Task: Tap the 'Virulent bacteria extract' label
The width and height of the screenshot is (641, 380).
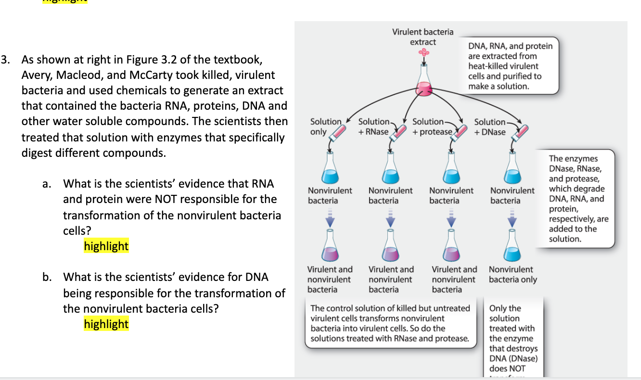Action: tap(423, 37)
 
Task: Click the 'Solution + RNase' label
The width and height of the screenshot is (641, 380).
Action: tap(374, 127)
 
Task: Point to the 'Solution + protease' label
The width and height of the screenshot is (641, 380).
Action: tap(432, 127)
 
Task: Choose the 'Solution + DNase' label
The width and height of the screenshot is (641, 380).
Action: tap(490, 127)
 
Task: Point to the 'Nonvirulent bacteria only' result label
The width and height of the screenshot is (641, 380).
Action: tap(513, 275)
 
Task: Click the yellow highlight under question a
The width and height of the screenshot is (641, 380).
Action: tap(106, 246)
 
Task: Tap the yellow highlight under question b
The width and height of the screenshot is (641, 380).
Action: tap(106, 324)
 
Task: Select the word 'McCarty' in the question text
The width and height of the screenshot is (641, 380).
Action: tap(152, 75)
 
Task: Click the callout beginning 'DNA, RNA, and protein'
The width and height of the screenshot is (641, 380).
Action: tap(510, 66)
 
